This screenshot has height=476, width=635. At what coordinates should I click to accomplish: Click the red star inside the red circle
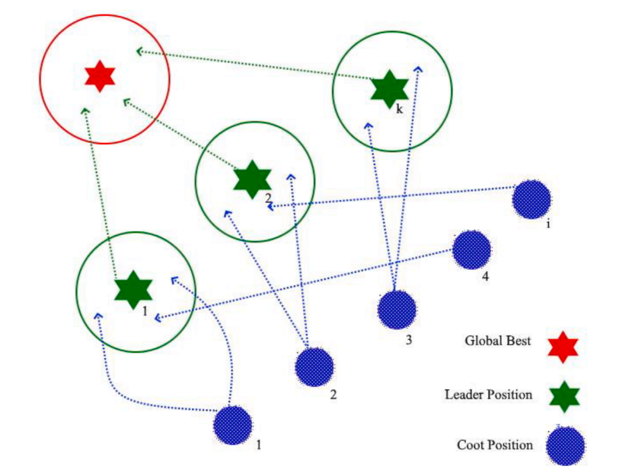[99, 77]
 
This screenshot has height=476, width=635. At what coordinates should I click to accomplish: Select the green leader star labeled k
[390, 88]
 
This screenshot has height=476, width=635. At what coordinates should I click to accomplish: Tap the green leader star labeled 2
[252, 180]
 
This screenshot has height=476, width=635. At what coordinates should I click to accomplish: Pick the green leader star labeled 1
[133, 289]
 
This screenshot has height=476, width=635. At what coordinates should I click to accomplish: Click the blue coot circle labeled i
[531, 199]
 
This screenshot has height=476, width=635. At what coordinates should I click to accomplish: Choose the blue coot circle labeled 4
[471, 250]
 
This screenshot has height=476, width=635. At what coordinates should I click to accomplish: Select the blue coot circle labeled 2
[314, 366]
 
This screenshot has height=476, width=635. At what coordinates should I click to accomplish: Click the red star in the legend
[563, 347]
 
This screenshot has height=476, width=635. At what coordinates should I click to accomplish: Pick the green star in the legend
[563, 397]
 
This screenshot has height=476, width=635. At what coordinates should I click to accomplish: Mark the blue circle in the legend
[565, 445]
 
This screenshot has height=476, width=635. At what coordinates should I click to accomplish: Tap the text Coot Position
[495, 445]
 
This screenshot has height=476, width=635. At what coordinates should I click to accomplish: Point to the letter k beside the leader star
[399, 109]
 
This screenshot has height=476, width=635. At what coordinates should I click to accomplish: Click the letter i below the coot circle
[547, 225]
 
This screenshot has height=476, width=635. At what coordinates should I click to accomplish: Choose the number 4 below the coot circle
[485, 276]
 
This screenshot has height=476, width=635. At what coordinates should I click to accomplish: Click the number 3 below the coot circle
[409, 340]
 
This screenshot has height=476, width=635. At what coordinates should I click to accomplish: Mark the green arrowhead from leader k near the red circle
[139, 52]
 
